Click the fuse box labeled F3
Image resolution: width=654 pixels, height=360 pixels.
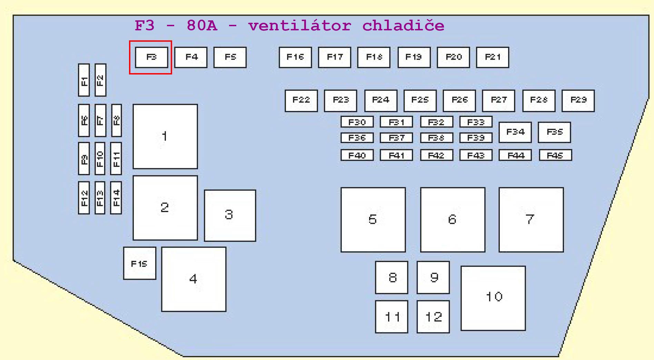(151, 57)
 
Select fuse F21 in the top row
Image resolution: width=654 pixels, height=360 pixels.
(492, 57)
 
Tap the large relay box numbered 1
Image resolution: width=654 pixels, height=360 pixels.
(165, 136)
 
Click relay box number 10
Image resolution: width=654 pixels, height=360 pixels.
(493, 298)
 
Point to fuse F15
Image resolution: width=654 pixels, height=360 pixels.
(139, 263)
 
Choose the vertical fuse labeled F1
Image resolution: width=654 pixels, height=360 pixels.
(84, 80)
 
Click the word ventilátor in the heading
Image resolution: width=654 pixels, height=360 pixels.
(299, 26)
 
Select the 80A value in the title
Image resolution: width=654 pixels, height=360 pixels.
(202, 26)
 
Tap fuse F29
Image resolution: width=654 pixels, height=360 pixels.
(578, 101)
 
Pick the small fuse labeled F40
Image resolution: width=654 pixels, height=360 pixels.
(357, 156)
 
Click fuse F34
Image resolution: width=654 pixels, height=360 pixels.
(515, 132)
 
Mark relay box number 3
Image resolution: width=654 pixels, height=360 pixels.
(230, 215)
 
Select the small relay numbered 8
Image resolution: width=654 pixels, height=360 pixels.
(392, 277)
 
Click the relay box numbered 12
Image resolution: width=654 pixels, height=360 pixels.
(433, 317)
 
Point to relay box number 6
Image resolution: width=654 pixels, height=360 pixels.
(453, 220)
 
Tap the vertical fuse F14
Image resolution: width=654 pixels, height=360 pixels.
(116, 198)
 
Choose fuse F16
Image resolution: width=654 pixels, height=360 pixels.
(295, 57)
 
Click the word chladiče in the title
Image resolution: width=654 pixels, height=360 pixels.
(403, 26)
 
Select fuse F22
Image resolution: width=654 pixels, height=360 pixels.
(301, 101)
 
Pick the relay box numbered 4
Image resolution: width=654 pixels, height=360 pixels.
(194, 279)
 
